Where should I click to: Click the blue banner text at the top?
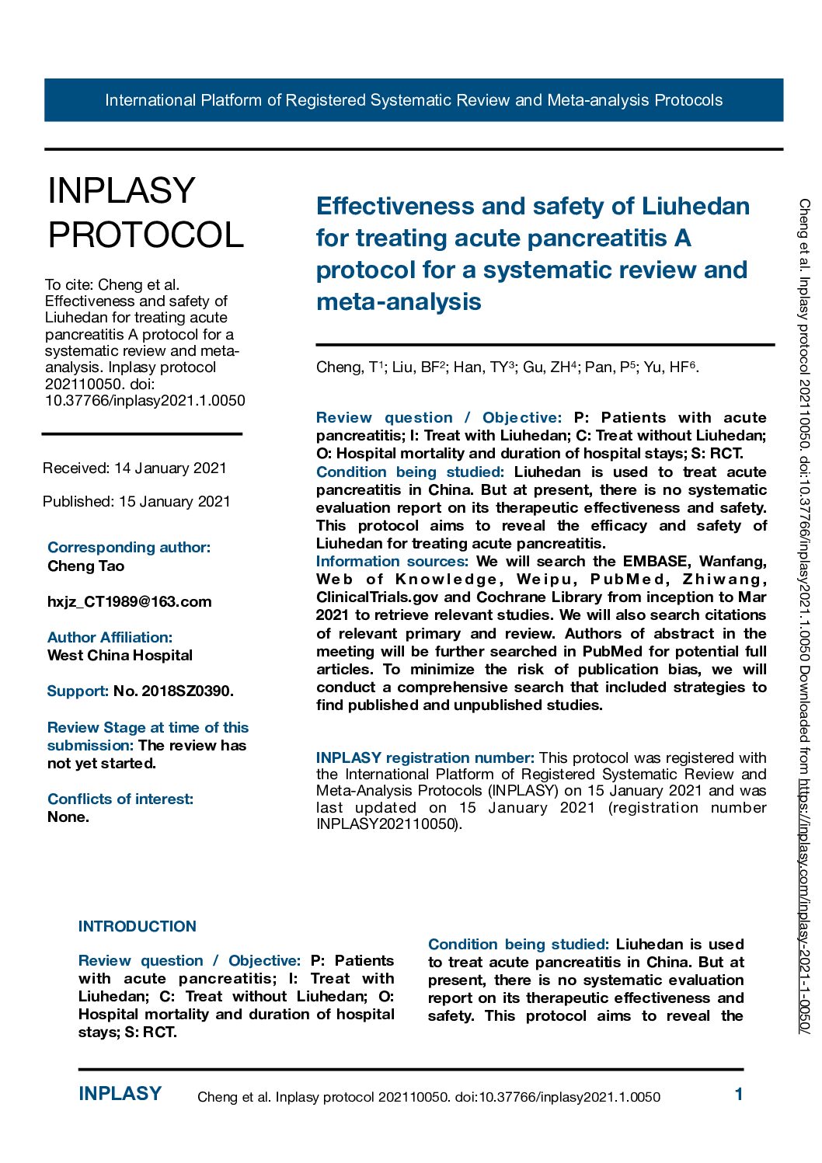coord(413,100)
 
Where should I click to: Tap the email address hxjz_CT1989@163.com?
coord(129,602)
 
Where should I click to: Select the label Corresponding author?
coord(129,548)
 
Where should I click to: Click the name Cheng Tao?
coord(85,566)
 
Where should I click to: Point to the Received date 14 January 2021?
coord(170,468)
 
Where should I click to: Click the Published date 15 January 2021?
coord(174,502)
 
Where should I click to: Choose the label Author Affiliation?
coord(110,638)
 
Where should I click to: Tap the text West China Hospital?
coord(120,656)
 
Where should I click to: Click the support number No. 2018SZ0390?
coord(173,691)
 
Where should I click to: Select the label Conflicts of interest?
coord(120,799)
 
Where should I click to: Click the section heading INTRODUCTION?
coord(137,927)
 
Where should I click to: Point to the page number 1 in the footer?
coord(739,1095)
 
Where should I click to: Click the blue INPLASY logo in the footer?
coord(120,1094)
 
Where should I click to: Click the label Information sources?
coord(392,562)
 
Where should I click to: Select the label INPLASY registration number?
coord(425,757)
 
